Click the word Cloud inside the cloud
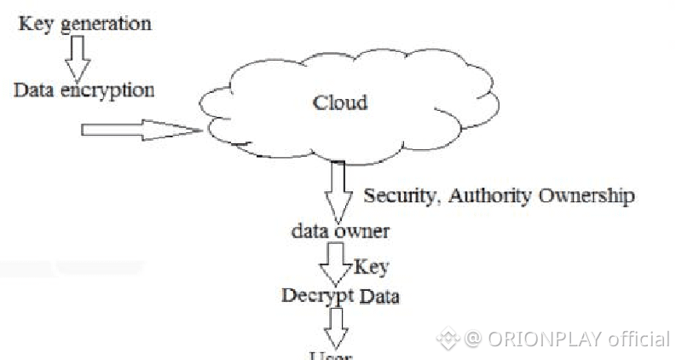340,103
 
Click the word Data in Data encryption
35,90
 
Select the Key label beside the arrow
370,267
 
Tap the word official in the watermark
638,339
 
